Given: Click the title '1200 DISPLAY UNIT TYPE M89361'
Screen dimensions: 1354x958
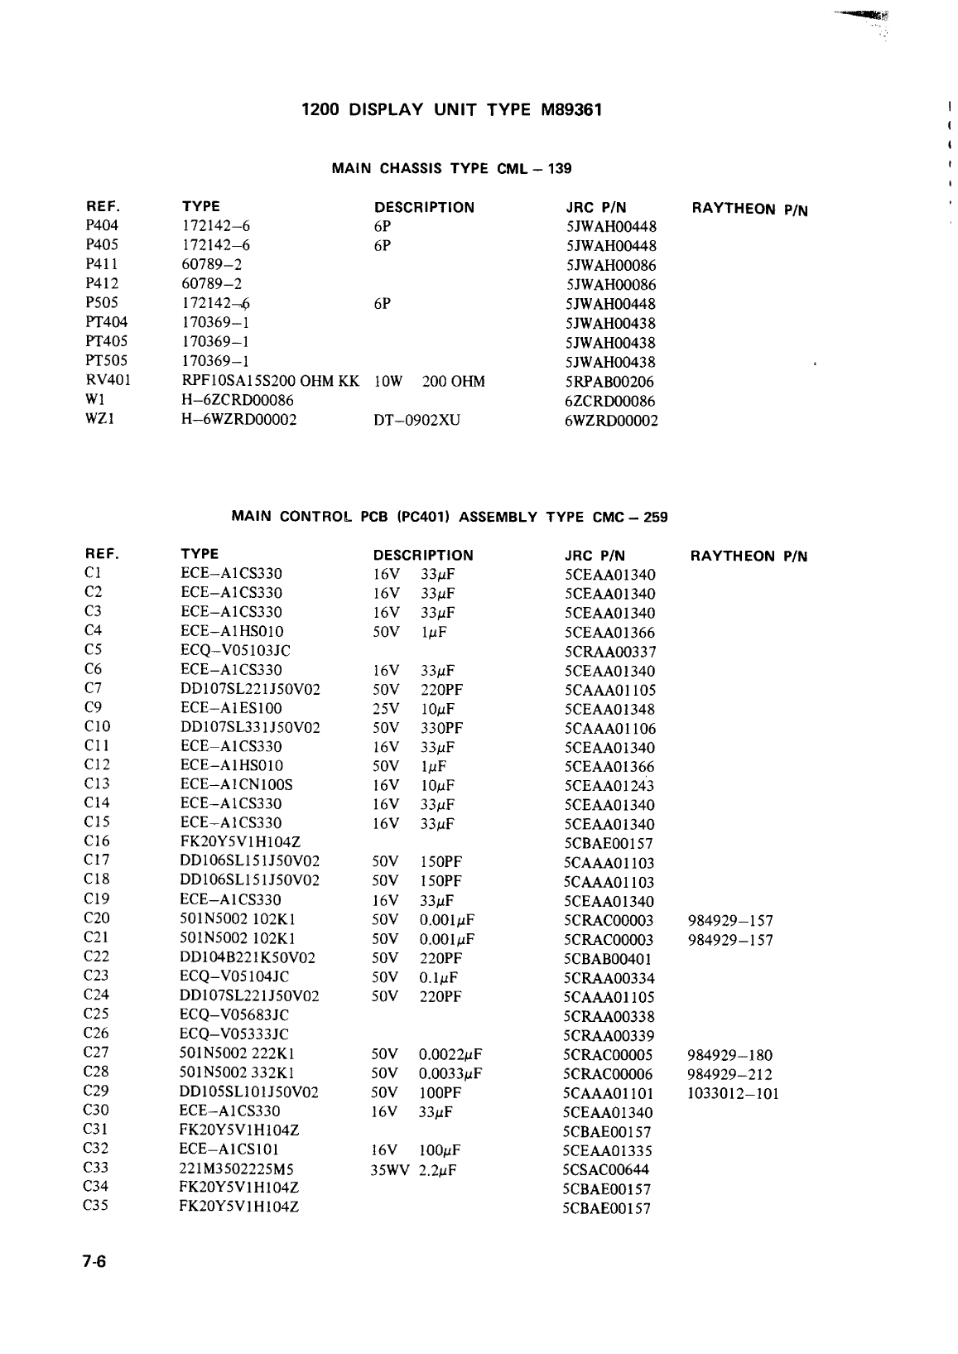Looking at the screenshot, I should tap(451, 109).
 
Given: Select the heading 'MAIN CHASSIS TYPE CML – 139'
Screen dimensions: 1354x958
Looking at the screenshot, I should tap(451, 169).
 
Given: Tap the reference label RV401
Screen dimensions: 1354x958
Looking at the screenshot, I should tap(108, 381).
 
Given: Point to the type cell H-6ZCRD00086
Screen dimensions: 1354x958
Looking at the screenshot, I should tap(238, 401).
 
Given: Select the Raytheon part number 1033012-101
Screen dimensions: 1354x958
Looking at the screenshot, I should tap(733, 1093).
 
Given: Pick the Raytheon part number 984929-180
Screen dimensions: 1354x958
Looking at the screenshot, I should tap(729, 1055).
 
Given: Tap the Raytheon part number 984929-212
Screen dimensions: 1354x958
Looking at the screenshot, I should tap(729, 1074).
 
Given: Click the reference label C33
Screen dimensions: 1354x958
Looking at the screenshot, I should tap(96, 1168).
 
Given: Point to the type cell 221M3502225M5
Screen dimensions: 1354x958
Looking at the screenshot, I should tap(237, 1169).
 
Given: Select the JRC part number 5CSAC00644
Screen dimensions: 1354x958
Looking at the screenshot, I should tap(606, 1169).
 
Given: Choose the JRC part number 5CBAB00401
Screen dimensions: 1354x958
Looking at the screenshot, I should tap(608, 958).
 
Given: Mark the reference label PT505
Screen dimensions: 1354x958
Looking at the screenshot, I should tap(106, 361).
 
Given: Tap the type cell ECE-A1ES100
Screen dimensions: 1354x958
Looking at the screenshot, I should tap(231, 708).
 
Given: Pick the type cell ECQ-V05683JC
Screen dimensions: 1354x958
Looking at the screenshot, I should tap(234, 1015).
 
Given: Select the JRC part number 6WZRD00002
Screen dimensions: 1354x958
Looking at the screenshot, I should tap(610, 421).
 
